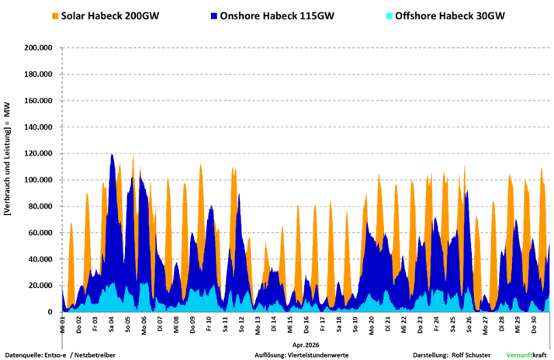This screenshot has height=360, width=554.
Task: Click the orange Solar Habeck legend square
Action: [55, 16]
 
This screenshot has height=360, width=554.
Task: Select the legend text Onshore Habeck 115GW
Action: [277, 16]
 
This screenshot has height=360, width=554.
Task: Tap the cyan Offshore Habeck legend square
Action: [389, 16]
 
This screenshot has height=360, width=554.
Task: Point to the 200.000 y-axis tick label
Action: [38, 47]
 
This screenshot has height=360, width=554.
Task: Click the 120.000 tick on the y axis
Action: [38, 154]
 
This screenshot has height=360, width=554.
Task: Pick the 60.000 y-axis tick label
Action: [40, 233]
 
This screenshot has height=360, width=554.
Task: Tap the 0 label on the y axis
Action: [50, 312]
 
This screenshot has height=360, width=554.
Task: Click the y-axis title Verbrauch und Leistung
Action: [8, 159]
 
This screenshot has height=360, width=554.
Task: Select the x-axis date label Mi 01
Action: [63, 324]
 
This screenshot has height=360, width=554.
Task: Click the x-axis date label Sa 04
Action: [111, 324]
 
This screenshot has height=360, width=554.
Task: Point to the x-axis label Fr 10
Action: [209, 324]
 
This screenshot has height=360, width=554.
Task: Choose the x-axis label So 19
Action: [355, 324]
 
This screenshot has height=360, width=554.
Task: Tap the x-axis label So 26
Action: [469, 324]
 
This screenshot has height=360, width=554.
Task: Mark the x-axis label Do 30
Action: [534, 324]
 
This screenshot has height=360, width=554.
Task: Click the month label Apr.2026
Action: [306, 344]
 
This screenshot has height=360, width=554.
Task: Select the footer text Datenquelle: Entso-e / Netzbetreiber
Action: [60, 355]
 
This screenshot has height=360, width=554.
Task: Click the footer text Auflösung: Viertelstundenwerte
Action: [301, 355]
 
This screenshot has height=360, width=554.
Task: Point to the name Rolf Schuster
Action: [471, 355]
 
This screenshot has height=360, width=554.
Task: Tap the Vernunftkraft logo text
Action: [526, 355]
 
